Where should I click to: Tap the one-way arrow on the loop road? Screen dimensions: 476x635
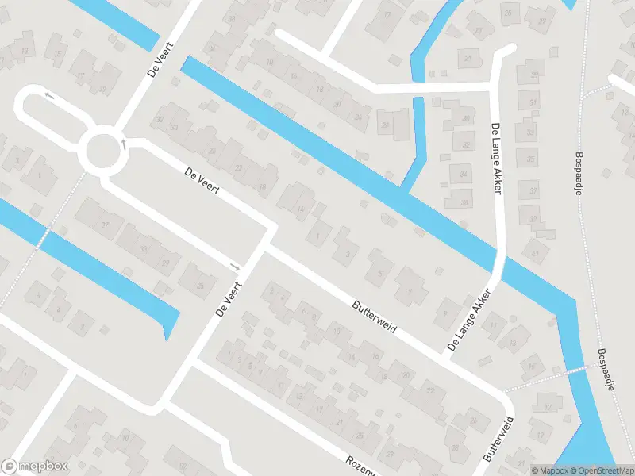click(x=49, y=96)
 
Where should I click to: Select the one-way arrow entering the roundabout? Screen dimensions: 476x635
click(x=124, y=144)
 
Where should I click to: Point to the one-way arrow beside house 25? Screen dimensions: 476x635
click(x=233, y=265)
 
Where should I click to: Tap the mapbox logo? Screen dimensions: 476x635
click(x=35, y=466)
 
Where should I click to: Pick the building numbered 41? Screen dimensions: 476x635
click(x=535, y=254)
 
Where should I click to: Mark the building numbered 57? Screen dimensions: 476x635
click(x=183, y=466)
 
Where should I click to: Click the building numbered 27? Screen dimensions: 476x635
click(x=543, y=21)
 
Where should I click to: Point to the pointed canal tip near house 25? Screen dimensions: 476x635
click(x=167, y=332)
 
